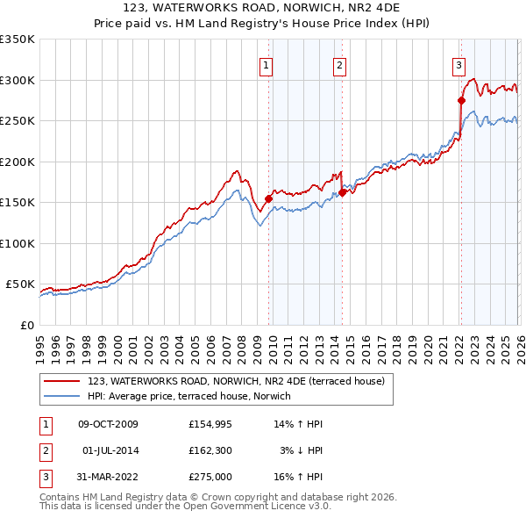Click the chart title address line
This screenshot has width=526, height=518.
point(262,8)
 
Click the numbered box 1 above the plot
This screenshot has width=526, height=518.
point(266,64)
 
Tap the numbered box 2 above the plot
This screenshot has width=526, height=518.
point(339,64)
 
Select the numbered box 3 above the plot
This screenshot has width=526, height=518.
point(458,64)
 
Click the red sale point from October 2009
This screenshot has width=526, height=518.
point(268,198)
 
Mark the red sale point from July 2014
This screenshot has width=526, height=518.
point(342,193)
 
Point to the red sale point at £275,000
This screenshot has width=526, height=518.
point(461,100)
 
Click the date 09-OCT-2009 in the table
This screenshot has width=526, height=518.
point(108,424)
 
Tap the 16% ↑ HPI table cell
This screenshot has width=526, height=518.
point(298,477)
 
